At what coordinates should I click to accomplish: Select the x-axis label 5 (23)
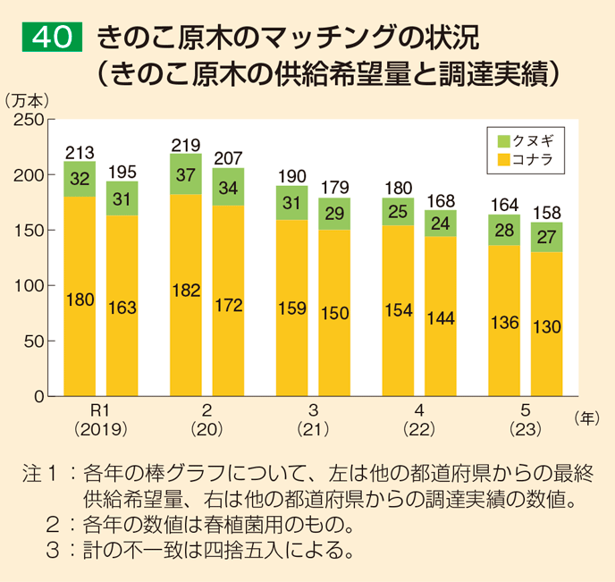pos(526,419)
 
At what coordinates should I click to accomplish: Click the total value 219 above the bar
pos(185,145)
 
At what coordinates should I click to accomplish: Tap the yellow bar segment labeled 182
pos(185,295)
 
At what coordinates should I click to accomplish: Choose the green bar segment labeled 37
pos(185,174)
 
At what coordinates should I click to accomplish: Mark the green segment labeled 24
pos(440,224)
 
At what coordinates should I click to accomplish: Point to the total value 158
pos(546,213)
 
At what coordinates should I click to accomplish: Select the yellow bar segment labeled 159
pos(291,308)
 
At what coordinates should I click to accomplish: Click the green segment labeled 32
pos(80,179)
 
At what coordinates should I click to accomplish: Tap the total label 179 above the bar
pos(333,189)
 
